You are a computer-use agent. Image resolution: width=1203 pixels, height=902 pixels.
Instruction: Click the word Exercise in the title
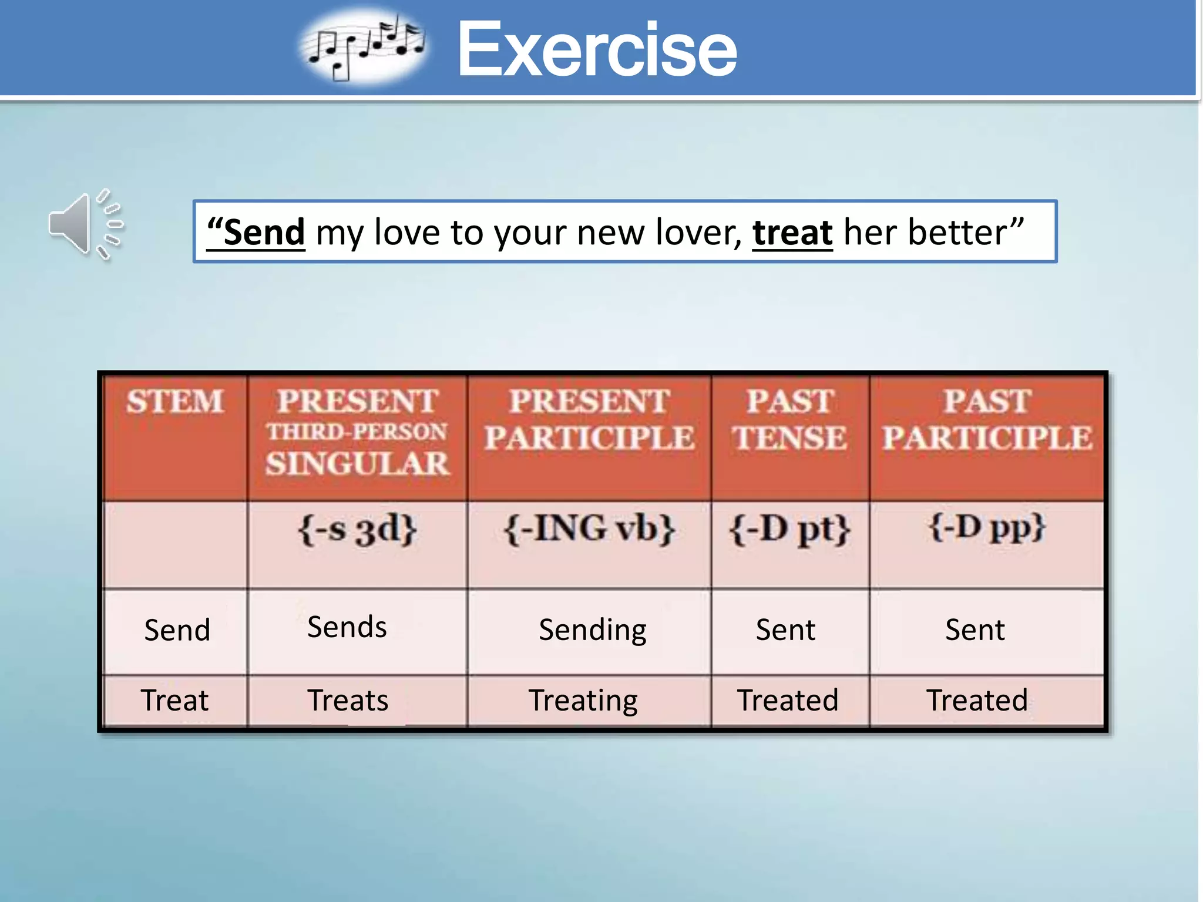tap(596, 49)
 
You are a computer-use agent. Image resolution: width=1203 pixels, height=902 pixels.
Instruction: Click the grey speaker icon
tap(85, 225)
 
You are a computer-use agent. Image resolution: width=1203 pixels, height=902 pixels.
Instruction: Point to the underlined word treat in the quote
tap(792, 233)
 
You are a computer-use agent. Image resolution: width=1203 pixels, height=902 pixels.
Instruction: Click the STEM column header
tap(174, 402)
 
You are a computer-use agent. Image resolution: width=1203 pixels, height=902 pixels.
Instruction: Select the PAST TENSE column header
tap(789, 420)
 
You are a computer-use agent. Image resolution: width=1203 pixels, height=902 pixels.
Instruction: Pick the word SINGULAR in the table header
tap(357, 464)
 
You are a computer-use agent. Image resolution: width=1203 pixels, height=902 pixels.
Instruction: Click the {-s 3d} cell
tap(357, 529)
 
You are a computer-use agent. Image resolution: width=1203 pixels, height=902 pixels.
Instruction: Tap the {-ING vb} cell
tap(589, 529)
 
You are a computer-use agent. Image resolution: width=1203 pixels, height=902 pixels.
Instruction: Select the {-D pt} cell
tap(789, 529)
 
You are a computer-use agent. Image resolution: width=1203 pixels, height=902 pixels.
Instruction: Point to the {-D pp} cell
tap(987, 528)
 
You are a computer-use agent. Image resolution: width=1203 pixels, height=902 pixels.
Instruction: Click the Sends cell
tap(347, 627)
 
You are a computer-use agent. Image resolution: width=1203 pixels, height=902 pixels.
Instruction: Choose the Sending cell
tap(592, 630)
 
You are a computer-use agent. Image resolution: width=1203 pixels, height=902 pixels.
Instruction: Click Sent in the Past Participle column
tap(975, 630)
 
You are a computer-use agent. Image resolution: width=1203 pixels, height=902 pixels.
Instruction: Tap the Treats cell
tap(348, 701)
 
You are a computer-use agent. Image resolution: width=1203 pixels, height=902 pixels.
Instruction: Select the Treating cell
tap(583, 701)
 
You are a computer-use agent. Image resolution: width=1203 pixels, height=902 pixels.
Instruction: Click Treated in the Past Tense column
tap(788, 701)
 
